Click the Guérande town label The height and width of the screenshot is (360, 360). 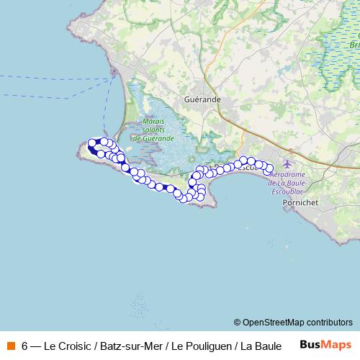pyautogui.click(x=202, y=100)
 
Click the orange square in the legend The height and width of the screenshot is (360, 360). pyautogui.click(x=11, y=345)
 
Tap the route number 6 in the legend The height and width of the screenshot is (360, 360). pyautogui.click(x=25, y=345)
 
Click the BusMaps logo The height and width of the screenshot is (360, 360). pyautogui.click(x=325, y=344)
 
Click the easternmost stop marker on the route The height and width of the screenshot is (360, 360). pyautogui.click(x=270, y=171)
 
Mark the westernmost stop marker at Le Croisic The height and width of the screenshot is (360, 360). pyautogui.click(x=90, y=143)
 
